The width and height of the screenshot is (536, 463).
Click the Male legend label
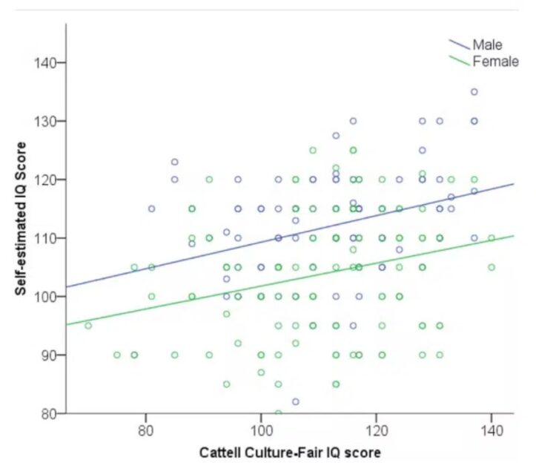tap(487, 45)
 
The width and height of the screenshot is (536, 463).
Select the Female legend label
tap(495, 62)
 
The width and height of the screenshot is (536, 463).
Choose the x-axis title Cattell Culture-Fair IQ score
tap(290, 450)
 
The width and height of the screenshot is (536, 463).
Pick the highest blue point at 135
tap(474, 91)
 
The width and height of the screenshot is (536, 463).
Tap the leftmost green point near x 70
tap(88, 325)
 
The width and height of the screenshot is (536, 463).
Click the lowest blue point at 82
tap(295, 401)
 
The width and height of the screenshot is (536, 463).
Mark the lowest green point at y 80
tap(278, 413)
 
